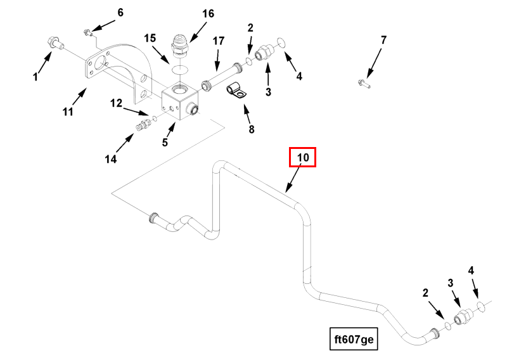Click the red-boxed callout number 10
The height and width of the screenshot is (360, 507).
302,157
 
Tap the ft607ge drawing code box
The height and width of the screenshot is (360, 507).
355,339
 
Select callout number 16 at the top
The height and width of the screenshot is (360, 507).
209,14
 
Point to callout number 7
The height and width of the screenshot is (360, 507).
383,41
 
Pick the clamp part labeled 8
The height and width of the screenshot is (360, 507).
236,92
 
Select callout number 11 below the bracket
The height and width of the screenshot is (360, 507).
68,112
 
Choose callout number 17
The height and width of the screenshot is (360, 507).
218,41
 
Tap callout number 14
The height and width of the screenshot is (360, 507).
111,160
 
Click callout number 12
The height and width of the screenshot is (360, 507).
116,103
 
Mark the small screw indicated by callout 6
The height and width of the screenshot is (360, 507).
88,32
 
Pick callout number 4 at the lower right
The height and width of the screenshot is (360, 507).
471,271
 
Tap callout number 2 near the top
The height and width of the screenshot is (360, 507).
250,28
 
